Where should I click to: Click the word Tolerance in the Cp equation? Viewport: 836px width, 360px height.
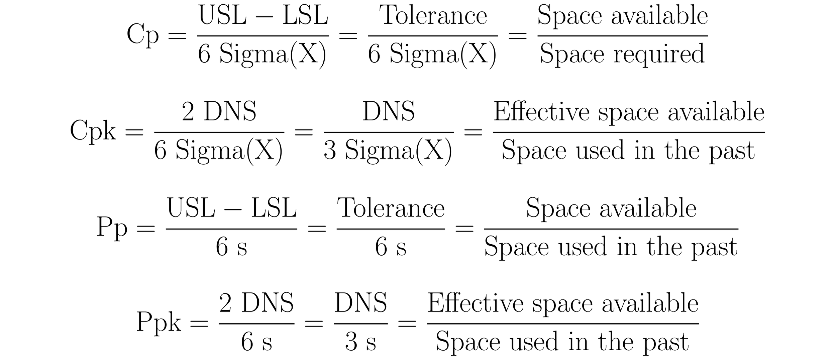pos(433,16)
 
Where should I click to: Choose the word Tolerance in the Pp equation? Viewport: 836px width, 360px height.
pos(391,208)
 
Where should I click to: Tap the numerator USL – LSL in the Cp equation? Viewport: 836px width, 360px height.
pos(263,16)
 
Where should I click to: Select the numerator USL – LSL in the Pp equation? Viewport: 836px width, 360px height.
pos(231,208)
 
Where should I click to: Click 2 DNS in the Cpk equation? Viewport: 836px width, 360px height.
pos(219,112)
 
